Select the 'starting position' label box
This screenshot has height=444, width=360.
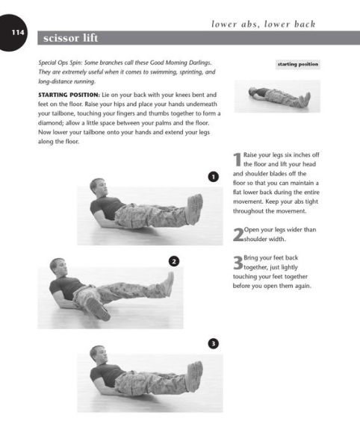pyautogui.click(x=298, y=65)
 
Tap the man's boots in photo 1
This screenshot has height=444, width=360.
pyautogui.click(x=194, y=207)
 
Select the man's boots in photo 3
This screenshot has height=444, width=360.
pyautogui.click(x=194, y=372)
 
